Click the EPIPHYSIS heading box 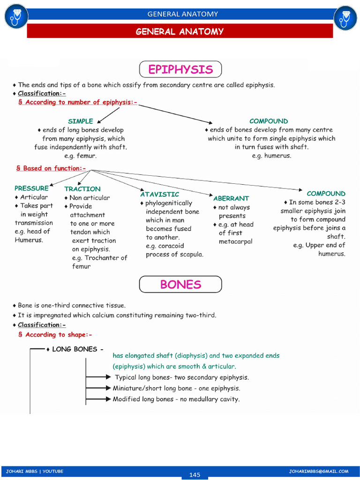click(x=180, y=70)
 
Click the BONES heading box click(x=180, y=285)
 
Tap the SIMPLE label click(x=81, y=121)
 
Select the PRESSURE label click(x=31, y=188)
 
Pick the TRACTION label click(x=82, y=189)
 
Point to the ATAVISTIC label click(x=159, y=194)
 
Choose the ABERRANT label click(x=231, y=198)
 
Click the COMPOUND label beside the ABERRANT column click(x=326, y=194)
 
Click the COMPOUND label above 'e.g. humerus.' click(x=269, y=121)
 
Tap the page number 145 click(x=195, y=475)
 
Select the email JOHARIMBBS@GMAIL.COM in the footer click(x=319, y=471)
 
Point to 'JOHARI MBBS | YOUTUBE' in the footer click(x=34, y=471)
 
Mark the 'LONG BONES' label click(x=75, y=349)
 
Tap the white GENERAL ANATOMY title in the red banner click(x=180, y=32)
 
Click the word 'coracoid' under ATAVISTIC click(x=172, y=246)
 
